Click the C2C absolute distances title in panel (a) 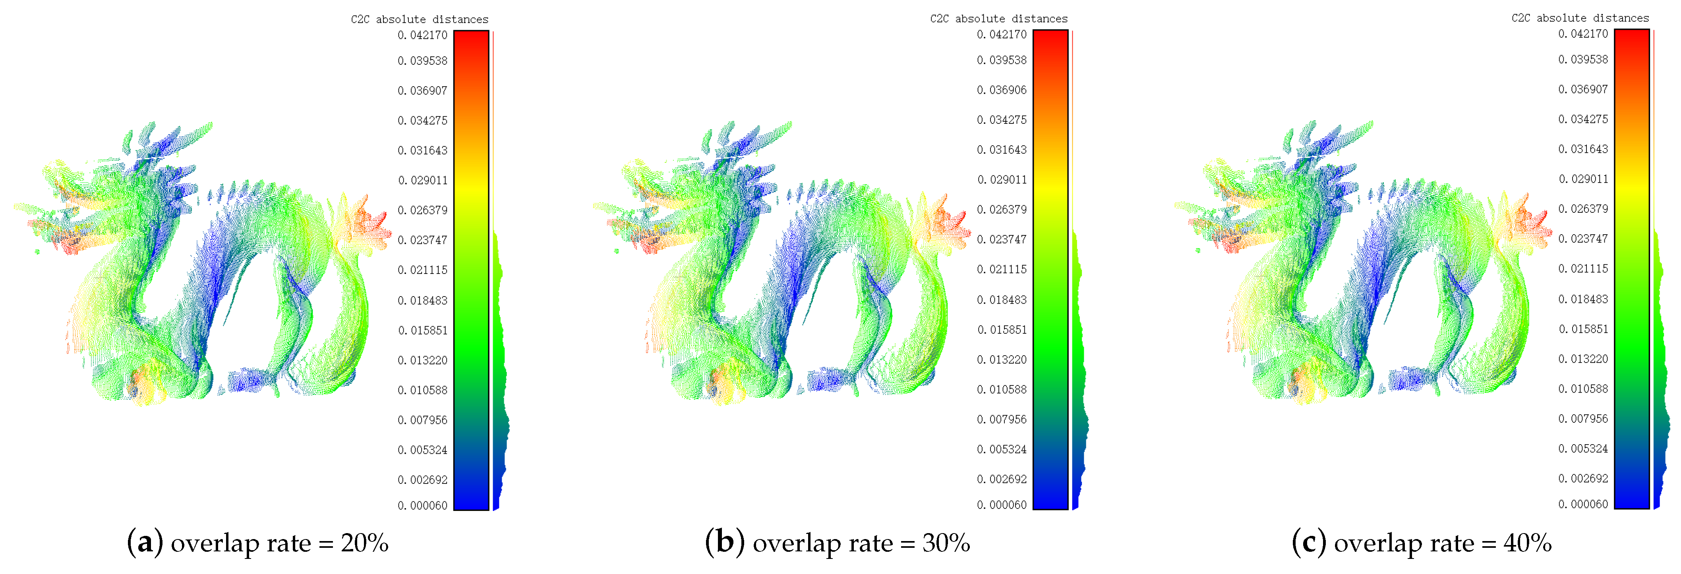420,19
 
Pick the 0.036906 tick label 1001,90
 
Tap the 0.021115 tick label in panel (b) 1001,270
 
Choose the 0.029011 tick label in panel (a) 422,180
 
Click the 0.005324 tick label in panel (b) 1001,449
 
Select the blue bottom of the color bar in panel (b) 1050,499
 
